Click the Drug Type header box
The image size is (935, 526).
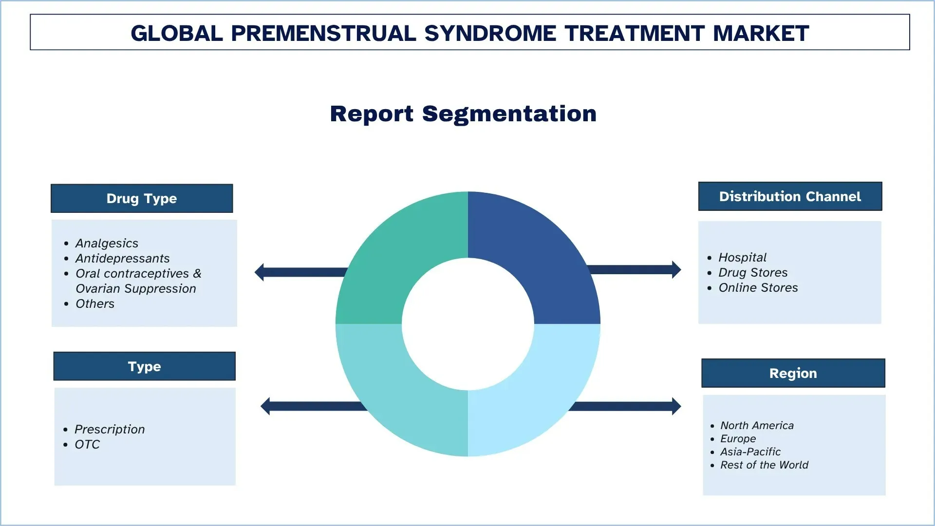click(142, 198)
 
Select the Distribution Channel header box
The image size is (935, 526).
click(790, 196)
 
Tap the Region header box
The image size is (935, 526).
click(793, 373)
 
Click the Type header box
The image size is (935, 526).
click(144, 366)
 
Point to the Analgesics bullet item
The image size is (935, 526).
click(107, 243)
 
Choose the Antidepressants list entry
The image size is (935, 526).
click(122, 258)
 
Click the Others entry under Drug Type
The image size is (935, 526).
click(95, 303)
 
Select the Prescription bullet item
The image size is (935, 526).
click(110, 429)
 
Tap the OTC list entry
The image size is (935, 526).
click(87, 444)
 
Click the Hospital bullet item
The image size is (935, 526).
click(742, 257)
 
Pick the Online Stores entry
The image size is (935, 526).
click(758, 287)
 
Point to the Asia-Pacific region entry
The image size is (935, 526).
click(750, 451)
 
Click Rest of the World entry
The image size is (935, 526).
click(764, 465)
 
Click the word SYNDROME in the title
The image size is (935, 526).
click(490, 33)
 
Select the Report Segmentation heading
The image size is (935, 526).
click(463, 113)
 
